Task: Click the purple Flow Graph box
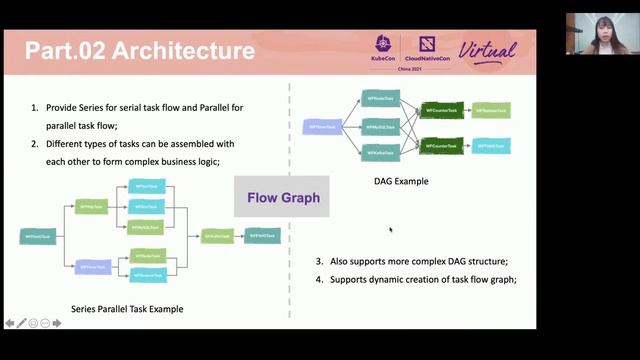tap(283, 197)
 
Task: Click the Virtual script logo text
tap(487, 49)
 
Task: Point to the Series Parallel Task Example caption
tap(127, 309)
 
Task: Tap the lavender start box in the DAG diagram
tap(322, 127)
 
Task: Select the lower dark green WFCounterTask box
tap(440, 146)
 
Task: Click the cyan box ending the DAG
tap(491, 146)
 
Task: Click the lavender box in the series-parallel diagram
tap(92, 267)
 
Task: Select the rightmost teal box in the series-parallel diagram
tap(262, 236)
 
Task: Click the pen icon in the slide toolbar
tap(22, 323)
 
